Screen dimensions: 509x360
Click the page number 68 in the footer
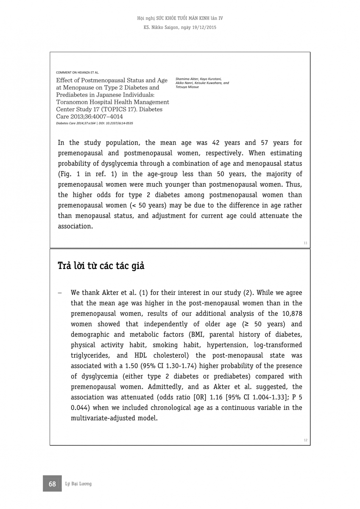[x=52, y=484]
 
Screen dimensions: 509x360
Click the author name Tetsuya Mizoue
[x=187, y=87]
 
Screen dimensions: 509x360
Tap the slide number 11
[x=305, y=243]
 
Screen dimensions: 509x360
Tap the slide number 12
[x=305, y=440]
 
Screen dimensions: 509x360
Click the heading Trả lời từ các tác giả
[x=101, y=266]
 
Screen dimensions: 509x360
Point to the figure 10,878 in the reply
[x=291, y=313]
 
